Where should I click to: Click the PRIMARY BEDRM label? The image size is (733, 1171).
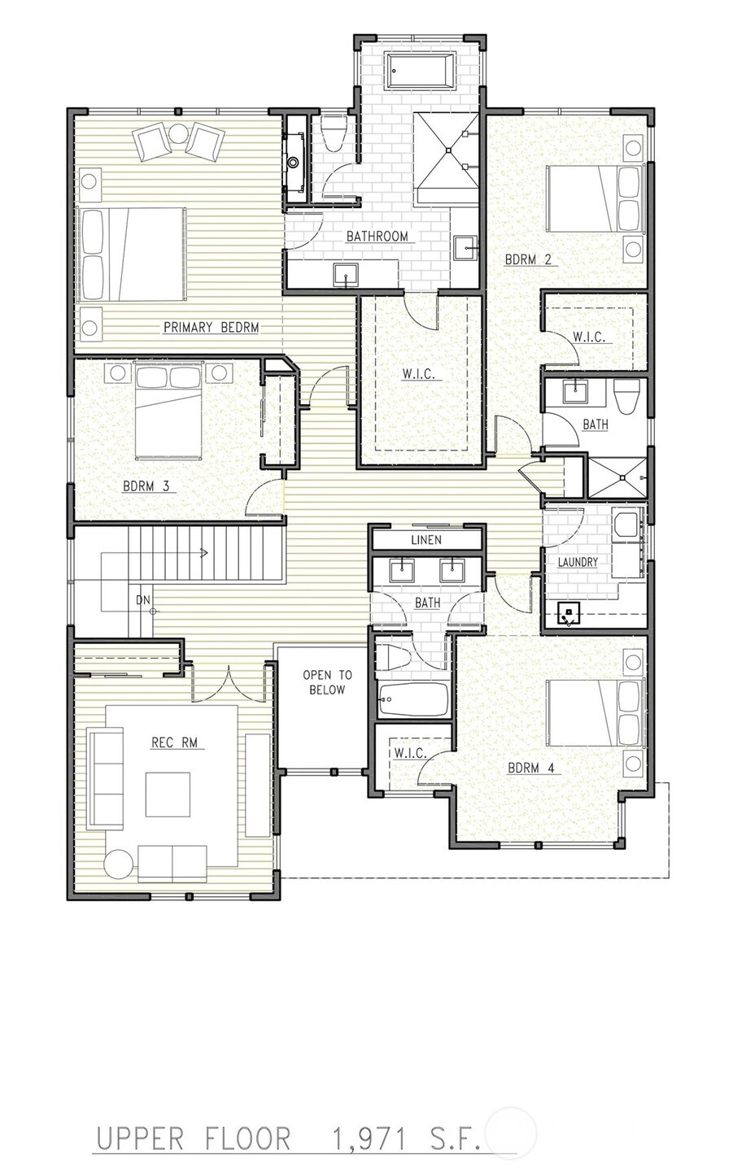pos(211,328)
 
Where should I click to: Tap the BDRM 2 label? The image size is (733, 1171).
pos(528,260)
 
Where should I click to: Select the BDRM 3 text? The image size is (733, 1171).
pos(146,486)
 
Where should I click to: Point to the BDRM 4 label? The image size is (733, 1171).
pos(534,767)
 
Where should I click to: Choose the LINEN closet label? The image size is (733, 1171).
pos(426,540)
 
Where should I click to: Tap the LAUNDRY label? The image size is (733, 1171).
pos(578,562)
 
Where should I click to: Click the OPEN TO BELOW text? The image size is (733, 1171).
pos(327,682)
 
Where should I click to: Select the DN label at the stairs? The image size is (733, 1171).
pos(143,600)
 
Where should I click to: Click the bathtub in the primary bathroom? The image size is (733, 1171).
pos(420,71)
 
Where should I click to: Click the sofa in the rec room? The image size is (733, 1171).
pos(104,780)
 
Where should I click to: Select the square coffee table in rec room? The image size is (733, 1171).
pos(168,794)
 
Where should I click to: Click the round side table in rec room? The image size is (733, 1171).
pos(119,864)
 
